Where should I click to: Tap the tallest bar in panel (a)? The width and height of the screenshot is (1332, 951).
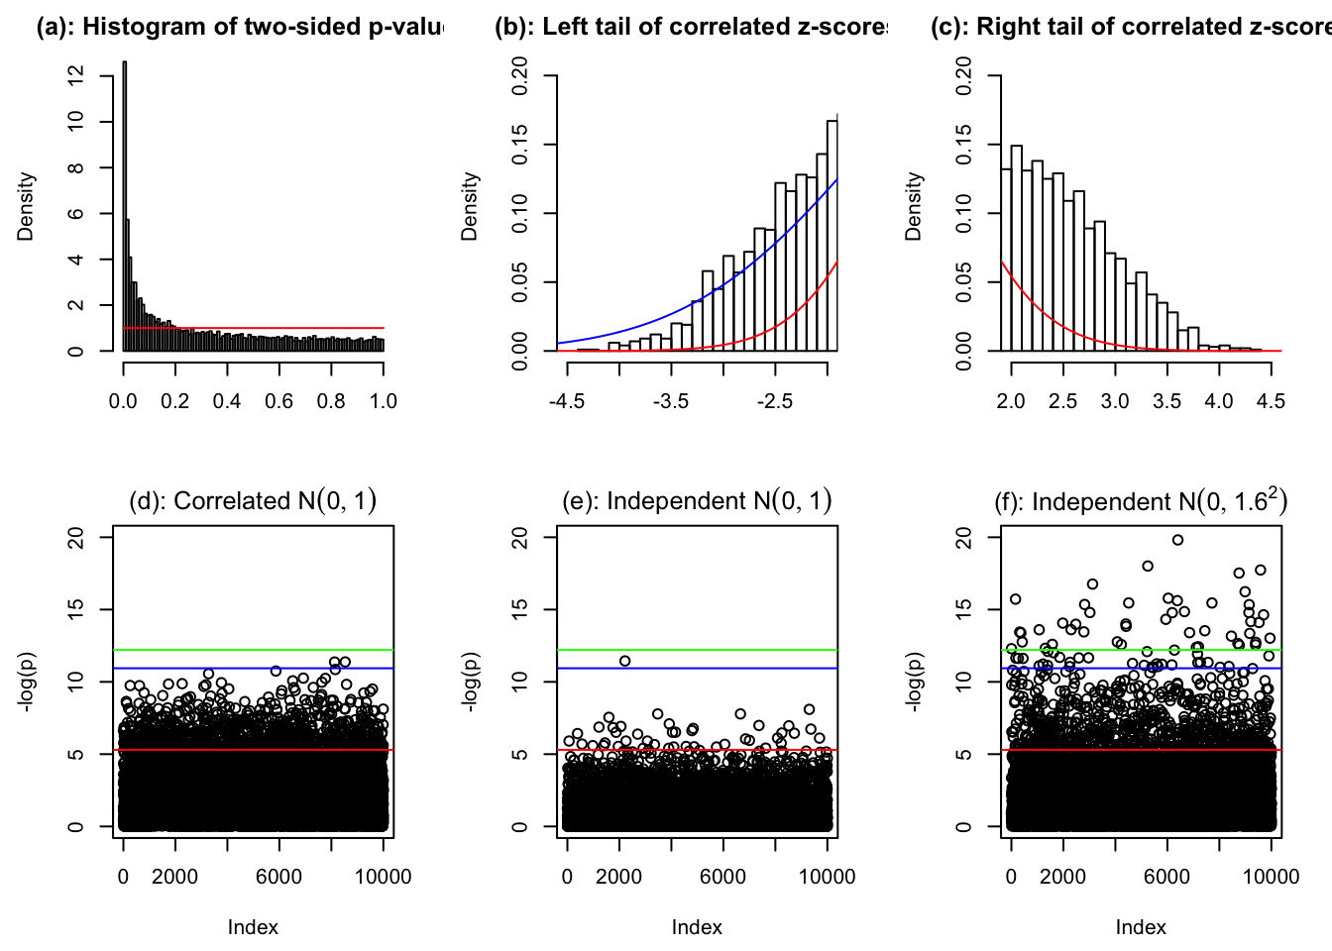click(124, 208)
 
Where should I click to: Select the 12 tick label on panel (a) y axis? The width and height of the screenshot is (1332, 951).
click(75, 75)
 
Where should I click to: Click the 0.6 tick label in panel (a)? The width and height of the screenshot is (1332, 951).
click(279, 401)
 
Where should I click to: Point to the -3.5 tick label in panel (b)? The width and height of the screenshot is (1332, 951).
click(671, 401)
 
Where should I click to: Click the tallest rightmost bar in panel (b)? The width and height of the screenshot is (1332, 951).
click(832, 238)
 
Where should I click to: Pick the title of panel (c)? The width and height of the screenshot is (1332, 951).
click(1130, 27)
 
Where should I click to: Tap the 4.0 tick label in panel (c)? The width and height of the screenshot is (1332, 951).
click(1219, 401)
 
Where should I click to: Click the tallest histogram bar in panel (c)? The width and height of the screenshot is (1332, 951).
click(1016, 248)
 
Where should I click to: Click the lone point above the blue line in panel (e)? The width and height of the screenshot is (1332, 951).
click(624, 661)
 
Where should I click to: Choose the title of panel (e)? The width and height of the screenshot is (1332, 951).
click(697, 501)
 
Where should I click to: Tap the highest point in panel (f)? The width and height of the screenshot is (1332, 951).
click(1177, 540)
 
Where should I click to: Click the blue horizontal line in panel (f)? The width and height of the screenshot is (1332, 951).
click(1140, 669)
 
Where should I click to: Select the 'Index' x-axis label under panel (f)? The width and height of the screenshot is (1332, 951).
click(1141, 927)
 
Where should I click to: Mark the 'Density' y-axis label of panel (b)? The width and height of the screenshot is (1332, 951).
click(470, 206)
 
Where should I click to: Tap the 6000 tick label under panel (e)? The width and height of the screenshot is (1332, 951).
click(722, 876)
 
